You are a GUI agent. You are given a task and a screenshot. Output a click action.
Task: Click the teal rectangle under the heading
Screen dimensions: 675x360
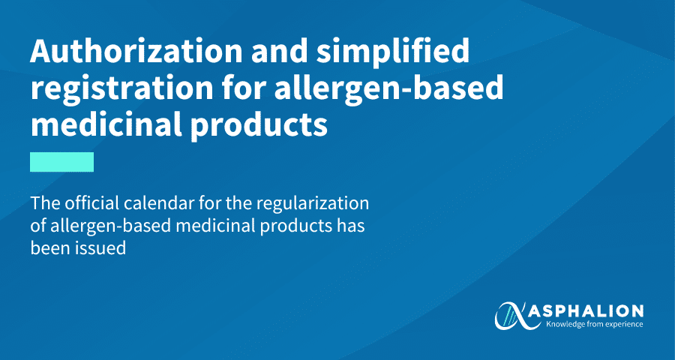coord(61,161)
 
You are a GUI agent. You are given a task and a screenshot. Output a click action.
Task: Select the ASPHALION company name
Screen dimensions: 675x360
coord(586,311)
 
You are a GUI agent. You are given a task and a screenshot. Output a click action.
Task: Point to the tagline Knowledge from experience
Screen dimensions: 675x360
coord(594,324)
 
